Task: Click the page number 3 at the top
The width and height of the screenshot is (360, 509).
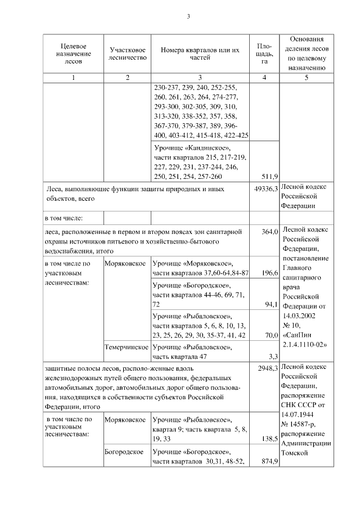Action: coord(188,16)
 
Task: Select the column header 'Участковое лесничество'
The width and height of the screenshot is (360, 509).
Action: coord(128,53)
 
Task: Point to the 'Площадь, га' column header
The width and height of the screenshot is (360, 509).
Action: coord(264,53)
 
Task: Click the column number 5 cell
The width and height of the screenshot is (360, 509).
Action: coord(307,78)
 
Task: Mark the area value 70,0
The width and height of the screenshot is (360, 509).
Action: coord(271,335)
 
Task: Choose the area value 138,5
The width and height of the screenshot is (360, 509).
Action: coord(269,439)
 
